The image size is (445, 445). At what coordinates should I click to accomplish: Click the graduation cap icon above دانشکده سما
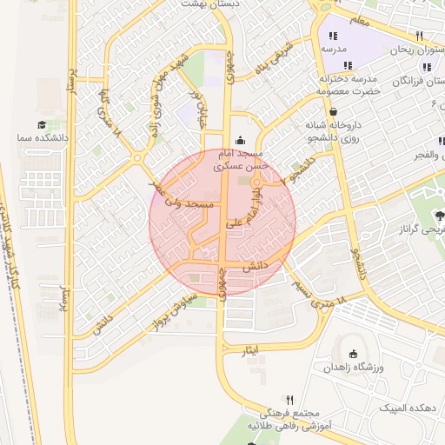(42, 125)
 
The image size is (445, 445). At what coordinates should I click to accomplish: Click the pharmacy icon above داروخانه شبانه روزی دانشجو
(334, 111)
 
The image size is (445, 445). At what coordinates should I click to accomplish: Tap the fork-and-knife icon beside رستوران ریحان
(419, 37)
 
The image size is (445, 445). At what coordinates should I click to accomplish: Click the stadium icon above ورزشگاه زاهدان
(352, 354)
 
